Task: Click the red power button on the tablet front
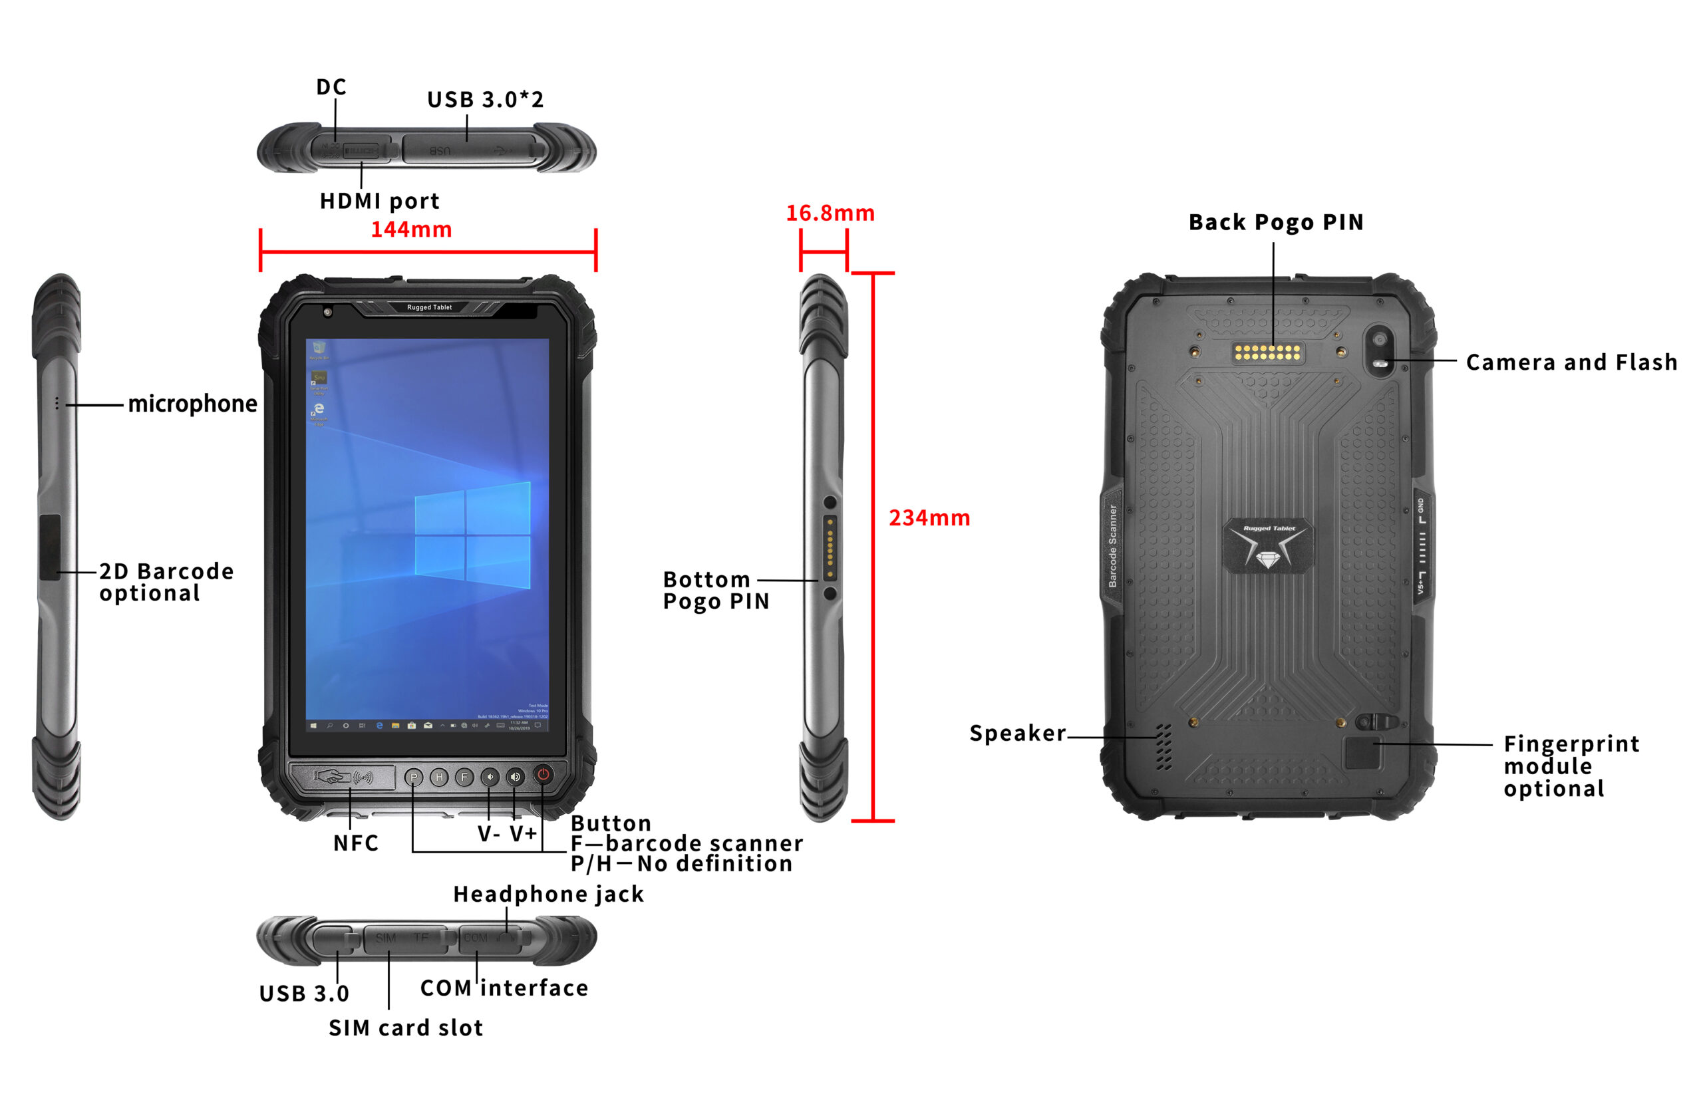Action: pyautogui.click(x=543, y=775)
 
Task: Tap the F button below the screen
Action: pyautogui.click(x=464, y=777)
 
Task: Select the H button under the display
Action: pyautogui.click(x=438, y=777)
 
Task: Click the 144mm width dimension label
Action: pyautogui.click(x=410, y=229)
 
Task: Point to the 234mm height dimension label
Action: pyautogui.click(x=929, y=518)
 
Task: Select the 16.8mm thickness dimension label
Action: pyautogui.click(x=830, y=213)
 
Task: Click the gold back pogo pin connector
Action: pyautogui.click(x=1267, y=352)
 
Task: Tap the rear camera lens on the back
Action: pyautogui.click(x=1379, y=339)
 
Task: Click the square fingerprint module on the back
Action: pyautogui.click(x=1362, y=752)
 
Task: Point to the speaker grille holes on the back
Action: pyautogui.click(x=1164, y=747)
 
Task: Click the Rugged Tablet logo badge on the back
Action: pyautogui.click(x=1268, y=547)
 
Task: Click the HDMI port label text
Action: pyautogui.click(x=379, y=202)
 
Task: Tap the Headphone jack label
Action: pyautogui.click(x=548, y=894)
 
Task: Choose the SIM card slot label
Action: pyautogui.click(x=406, y=1028)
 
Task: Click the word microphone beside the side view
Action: pyautogui.click(x=192, y=404)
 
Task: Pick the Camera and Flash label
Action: pyautogui.click(x=1571, y=362)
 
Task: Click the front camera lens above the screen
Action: pyautogui.click(x=328, y=312)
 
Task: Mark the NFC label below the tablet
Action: pyautogui.click(x=356, y=843)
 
